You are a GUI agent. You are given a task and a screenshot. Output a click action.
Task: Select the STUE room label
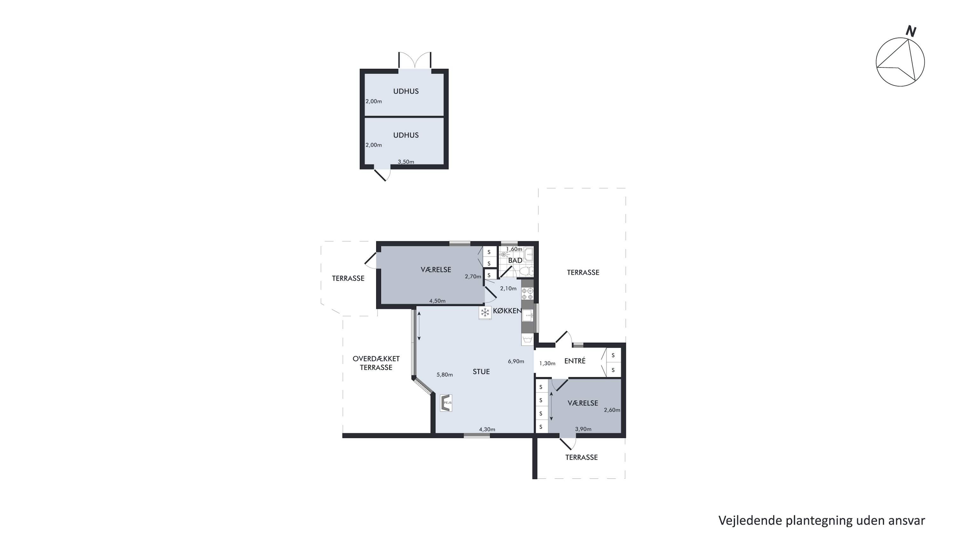481,372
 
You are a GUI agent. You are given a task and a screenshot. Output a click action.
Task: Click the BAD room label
515,260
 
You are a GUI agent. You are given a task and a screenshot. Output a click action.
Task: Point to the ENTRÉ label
575,361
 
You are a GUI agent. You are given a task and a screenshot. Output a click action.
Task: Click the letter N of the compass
911,31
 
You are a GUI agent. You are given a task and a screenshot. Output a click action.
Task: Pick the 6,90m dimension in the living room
516,361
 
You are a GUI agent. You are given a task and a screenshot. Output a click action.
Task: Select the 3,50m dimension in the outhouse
406,162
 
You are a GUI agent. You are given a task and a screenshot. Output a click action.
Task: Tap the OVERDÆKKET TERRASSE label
376,363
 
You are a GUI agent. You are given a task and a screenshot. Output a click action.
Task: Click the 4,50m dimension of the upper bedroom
437,301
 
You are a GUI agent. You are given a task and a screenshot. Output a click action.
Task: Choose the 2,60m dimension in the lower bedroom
612,410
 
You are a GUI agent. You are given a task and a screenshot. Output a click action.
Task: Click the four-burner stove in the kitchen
527,294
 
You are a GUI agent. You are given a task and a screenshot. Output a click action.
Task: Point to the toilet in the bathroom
527,271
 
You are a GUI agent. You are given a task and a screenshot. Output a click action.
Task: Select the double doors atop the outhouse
415,60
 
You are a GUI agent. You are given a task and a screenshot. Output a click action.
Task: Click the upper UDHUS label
406,91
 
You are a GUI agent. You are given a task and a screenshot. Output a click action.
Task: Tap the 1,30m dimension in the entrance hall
547,364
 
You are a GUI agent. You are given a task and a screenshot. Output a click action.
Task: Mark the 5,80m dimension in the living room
445,375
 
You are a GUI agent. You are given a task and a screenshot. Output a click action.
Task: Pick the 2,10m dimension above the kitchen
508,288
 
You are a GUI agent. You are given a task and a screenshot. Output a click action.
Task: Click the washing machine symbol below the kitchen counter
527,339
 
